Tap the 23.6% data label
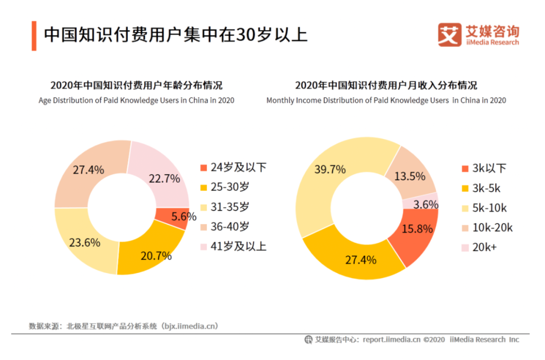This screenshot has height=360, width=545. pyautogui.click(x=84, y=242)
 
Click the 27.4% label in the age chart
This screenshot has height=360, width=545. pyautogui.click(x=88, y=170)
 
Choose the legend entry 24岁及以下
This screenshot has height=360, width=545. pyautogui.click(x=233, y=168)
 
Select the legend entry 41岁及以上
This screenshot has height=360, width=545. pyautogui.click(x=233, y=246)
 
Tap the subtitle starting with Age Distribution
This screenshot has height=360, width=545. pyautogui.click(x=136, y=100)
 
